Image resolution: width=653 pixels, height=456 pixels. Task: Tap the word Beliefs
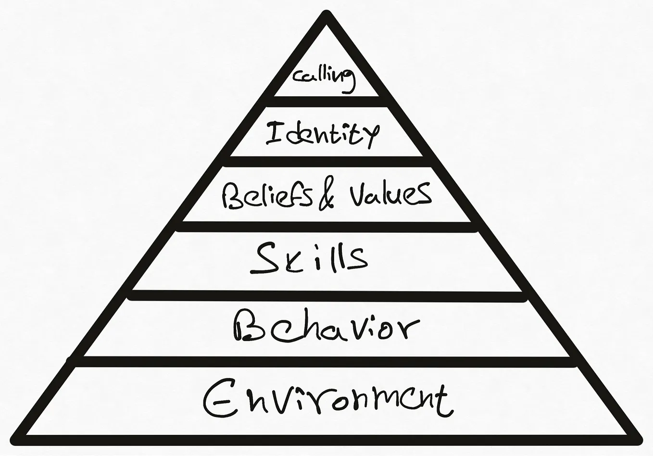point(266,195)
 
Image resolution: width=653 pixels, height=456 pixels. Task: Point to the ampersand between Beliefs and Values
point(327,196)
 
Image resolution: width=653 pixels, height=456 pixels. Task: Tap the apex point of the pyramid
point(327,15)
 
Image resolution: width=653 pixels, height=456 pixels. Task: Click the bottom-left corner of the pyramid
point(15,440)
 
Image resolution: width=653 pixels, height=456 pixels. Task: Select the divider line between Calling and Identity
point(327,101)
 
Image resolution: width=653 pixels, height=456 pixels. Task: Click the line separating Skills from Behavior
point(327,295)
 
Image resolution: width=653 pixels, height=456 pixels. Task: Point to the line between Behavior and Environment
point(327,361)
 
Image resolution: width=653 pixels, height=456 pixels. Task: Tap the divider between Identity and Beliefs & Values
point(327,162)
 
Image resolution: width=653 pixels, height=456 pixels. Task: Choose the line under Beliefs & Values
point(327,226)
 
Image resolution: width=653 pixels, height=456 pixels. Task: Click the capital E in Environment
point(217,399)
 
